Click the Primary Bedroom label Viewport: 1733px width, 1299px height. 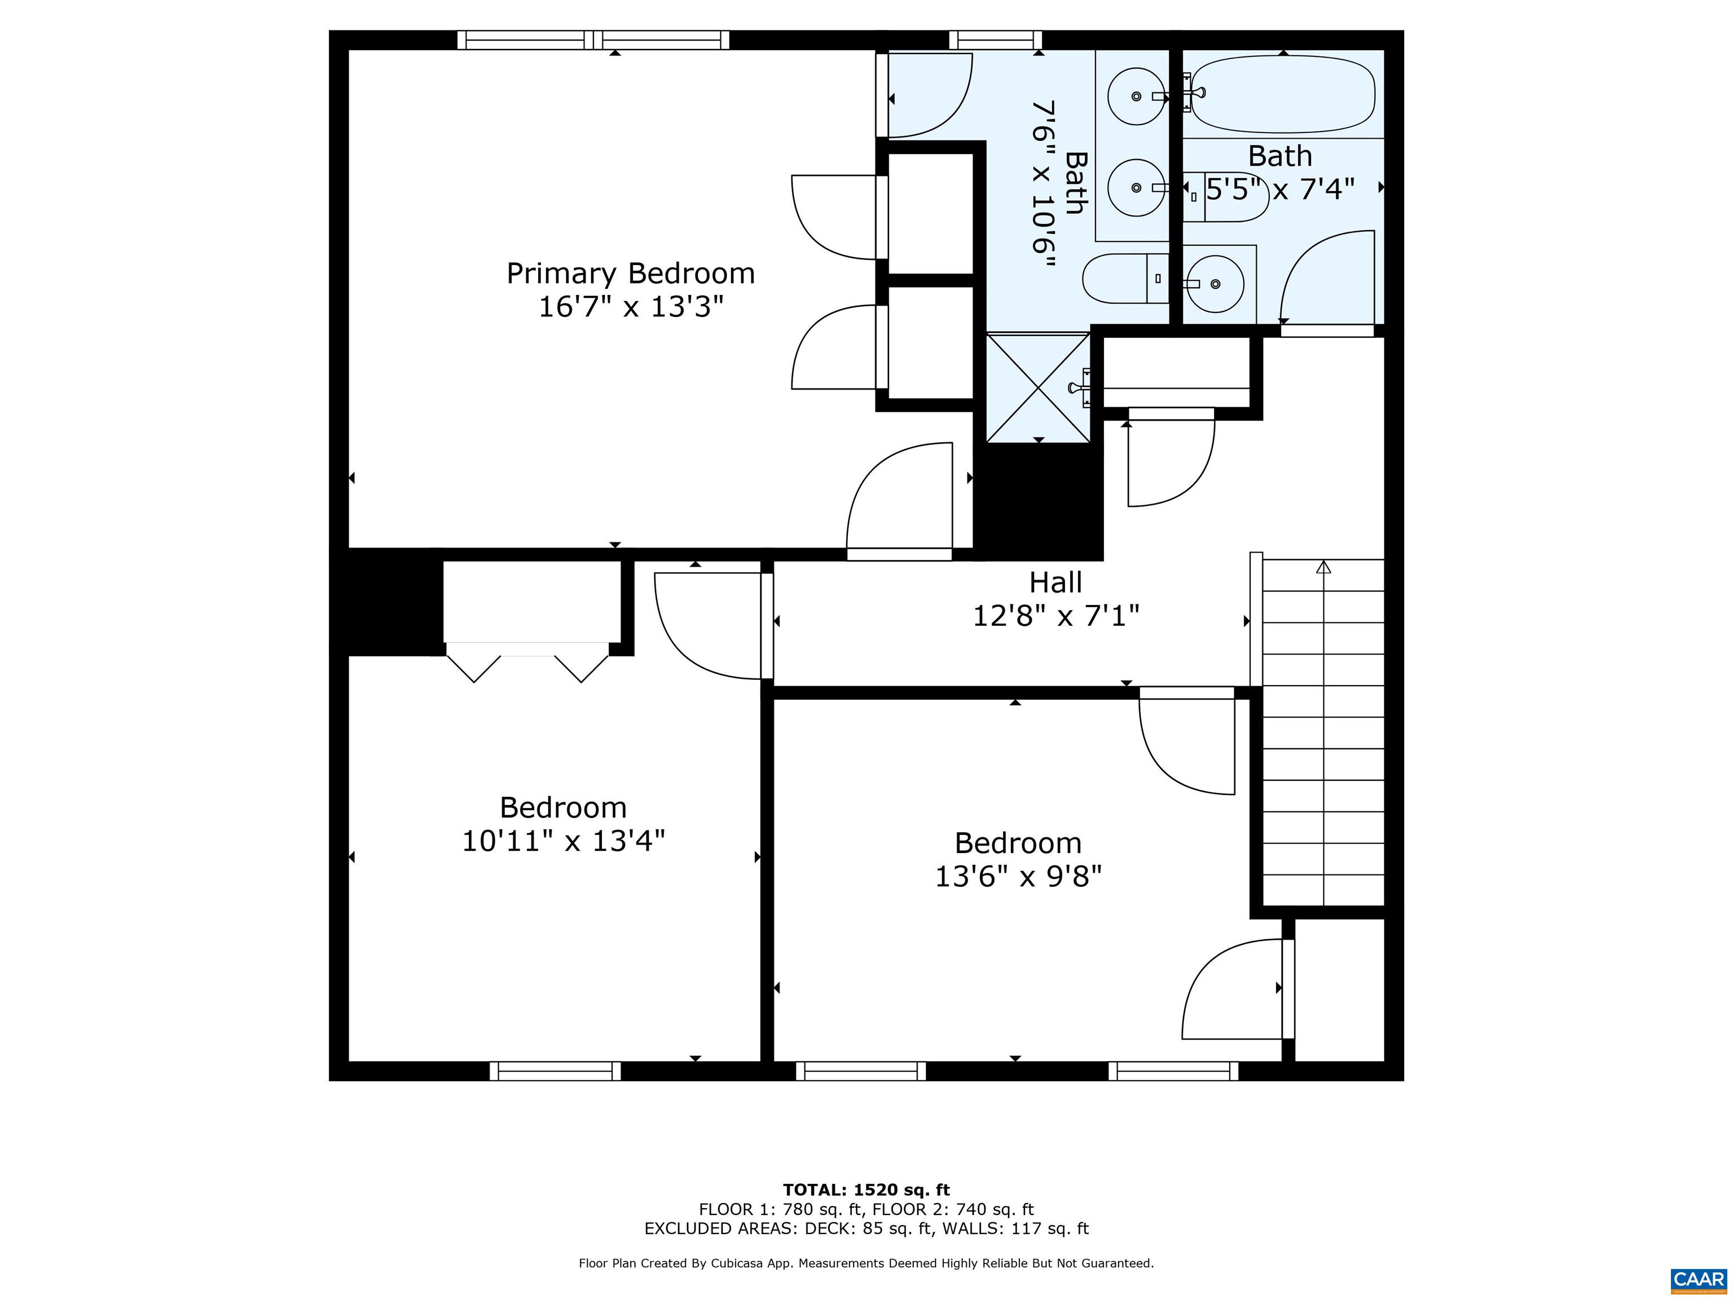(630, 273)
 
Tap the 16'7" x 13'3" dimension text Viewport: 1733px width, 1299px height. (630, 307)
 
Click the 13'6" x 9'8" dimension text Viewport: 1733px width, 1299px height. (1018, 876)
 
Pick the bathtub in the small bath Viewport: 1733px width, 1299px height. (1282, 94)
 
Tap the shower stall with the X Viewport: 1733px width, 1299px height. (1037, 387)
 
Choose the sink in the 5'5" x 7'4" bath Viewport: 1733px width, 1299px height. (1215, 284)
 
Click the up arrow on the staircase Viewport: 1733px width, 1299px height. (1323, 567)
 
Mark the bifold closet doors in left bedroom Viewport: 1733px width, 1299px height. (526, 662)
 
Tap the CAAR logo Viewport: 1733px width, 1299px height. (1698, 1279)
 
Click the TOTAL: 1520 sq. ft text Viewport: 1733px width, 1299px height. (866, 1191)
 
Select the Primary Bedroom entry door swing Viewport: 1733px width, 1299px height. (901, 501)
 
